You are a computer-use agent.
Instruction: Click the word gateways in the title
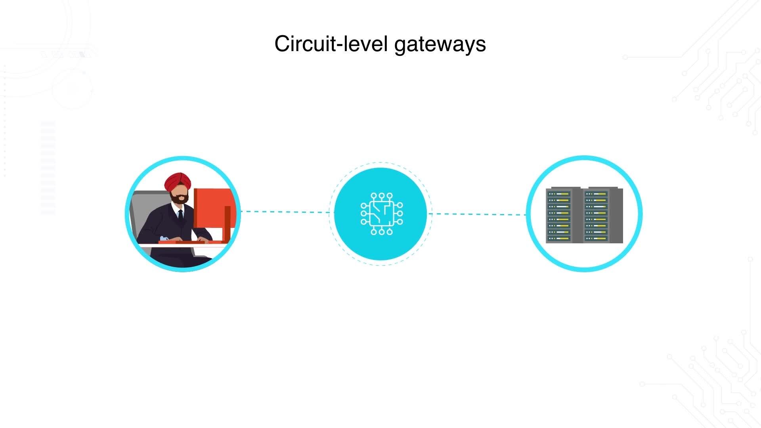440,44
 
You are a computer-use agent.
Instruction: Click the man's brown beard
180,199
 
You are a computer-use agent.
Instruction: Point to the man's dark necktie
181,216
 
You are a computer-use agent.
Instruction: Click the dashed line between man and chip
285,212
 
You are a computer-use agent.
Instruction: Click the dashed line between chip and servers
478,214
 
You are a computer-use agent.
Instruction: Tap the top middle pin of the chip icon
381,196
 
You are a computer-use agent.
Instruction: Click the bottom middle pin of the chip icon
381,232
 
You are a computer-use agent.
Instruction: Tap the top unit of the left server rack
559,194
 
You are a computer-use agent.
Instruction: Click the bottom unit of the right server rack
597,239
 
